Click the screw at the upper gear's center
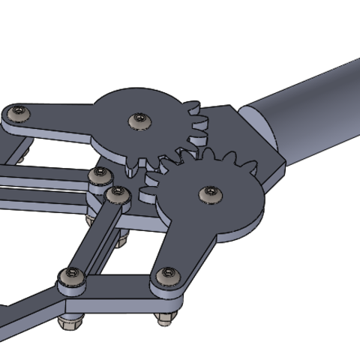click(138, 119)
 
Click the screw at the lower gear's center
click(209, 194)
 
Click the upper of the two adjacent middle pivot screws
click(97, 177)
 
